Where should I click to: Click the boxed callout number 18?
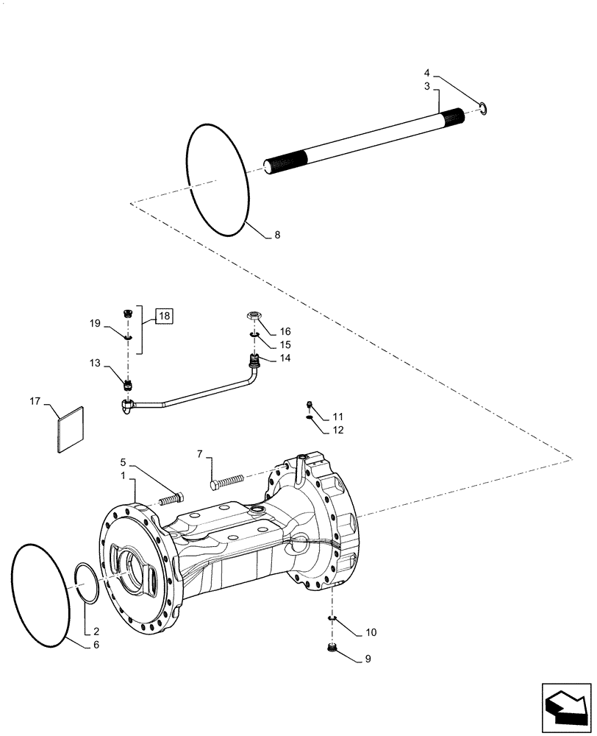(x=163, y=316)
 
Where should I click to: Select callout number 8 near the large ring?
(x=276, y=236)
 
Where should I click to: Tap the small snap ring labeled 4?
(x=483, y=110)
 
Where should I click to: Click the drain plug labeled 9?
(x=332, y=648)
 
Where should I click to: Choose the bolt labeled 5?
(x=169, y=498)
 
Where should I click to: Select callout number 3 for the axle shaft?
(x=426, y=87)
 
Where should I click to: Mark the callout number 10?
(x=371, y=633)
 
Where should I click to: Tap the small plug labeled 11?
(x=311, y=404)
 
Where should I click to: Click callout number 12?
(x=337, y=430)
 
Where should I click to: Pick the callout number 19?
(x=96, y=323)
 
